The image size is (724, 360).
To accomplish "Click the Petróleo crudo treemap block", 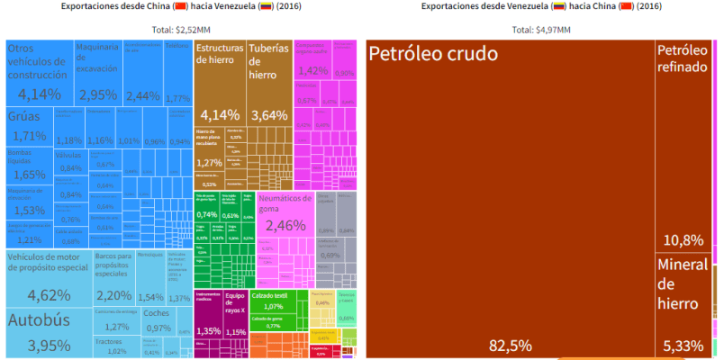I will pyautogui.click(x=510, y=198).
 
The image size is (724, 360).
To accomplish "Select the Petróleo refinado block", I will pyautogui.click(x=683, y=144).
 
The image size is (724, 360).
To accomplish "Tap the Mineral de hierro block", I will pyautogui.click(x=683, y=301).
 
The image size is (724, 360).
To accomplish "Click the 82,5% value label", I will pyautogui.click(x=510, y=345).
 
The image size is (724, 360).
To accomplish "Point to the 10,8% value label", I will pyautogui.click(x=683, y=240).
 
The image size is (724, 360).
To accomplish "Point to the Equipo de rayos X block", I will pyautogui.click(x=235, y=315).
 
